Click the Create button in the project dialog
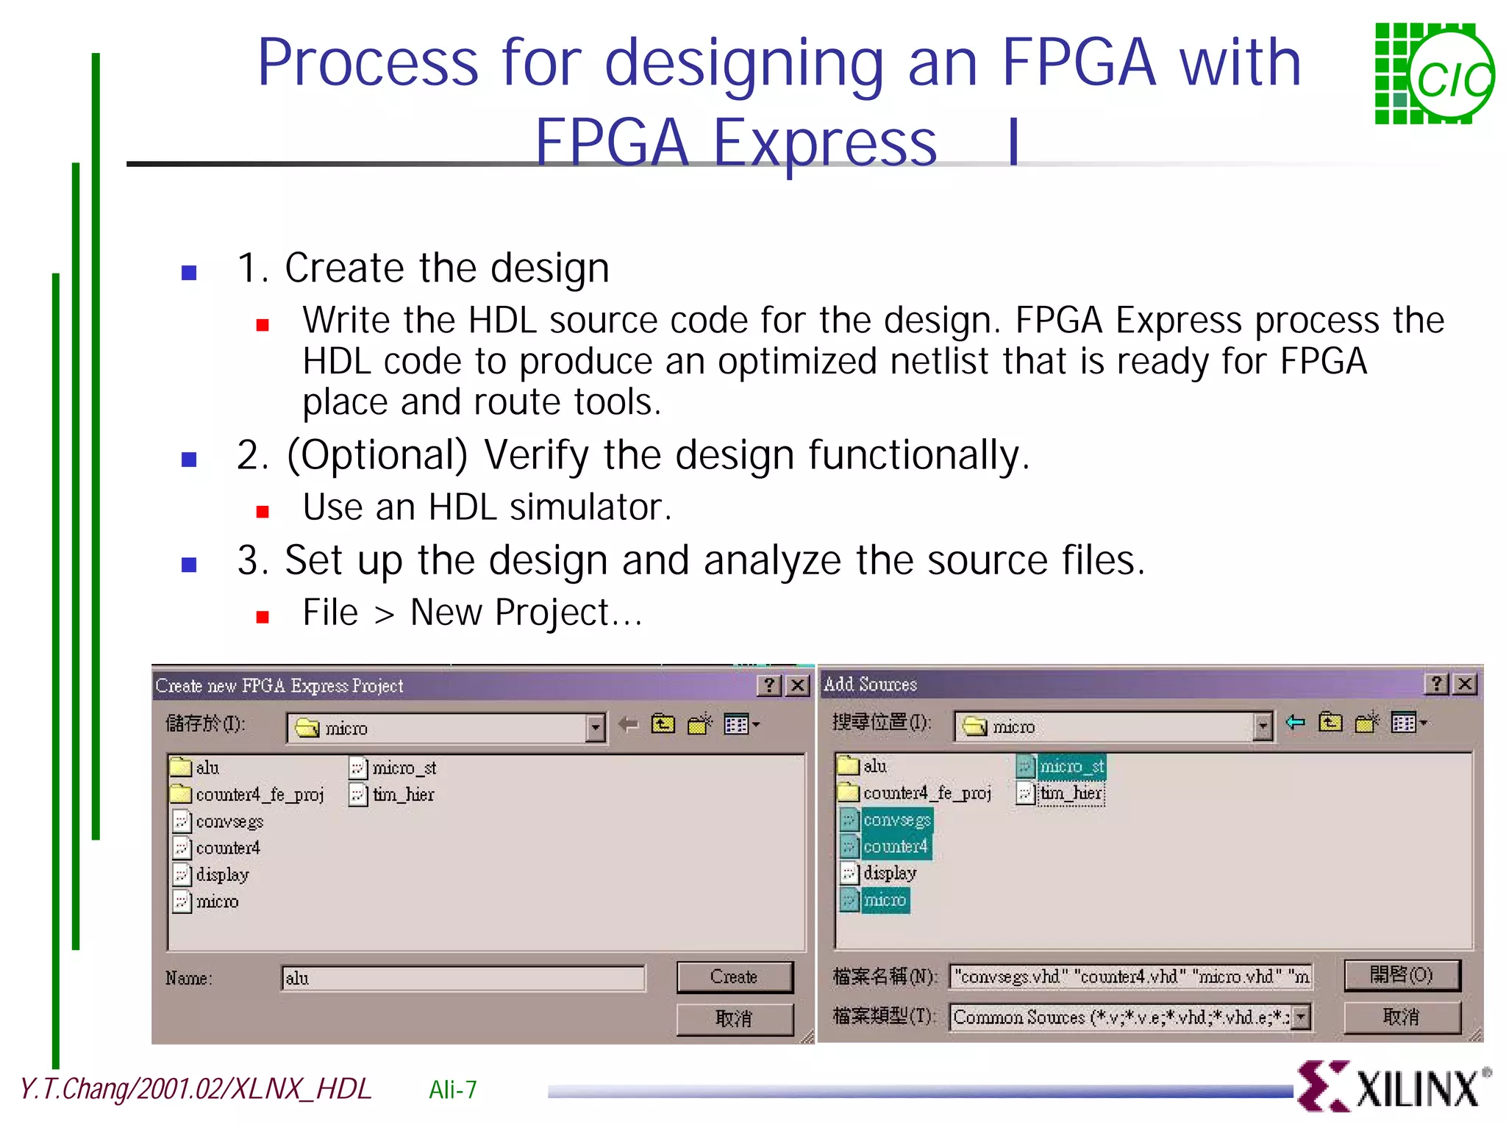pos(734,976)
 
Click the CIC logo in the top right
pos(1434,74)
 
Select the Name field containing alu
pos(463,978)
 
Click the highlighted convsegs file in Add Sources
pos(896,820)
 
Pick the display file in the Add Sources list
pos(889,874)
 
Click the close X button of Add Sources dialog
pos(1465,684)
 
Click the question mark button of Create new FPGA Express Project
pos(769,685)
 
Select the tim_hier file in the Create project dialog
pos(402,795)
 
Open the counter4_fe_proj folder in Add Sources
pos(926,793)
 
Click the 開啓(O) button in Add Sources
pos(1402,975)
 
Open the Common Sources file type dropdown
pos(1301,1017)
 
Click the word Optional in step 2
pos(377,455)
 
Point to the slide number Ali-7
pos(452,1089)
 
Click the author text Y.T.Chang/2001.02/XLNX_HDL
pos(196,1089)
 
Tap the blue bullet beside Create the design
pos(189,273)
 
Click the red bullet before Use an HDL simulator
pos(263,511)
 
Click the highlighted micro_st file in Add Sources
pos(1071,766)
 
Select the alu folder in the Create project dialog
pos(206,768)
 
